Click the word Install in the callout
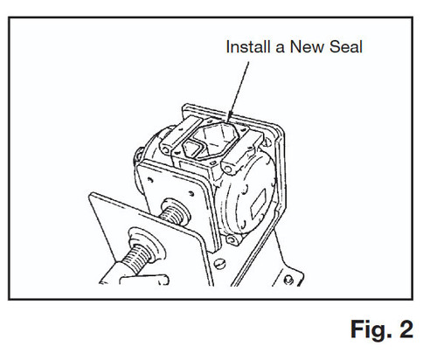click(248, 47)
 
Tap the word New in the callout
click(307, 47)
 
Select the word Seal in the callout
click(346, 47)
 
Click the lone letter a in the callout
click(280, 49)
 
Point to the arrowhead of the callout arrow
click(230, 117)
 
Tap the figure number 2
click(406, 329)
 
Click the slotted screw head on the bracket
click(219, 264)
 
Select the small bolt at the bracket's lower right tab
click(288, 280)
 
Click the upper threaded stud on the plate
click(174, 212)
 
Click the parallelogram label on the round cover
click(258, 204)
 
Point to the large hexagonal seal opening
click(216, 138)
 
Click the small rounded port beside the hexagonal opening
click(191, 148)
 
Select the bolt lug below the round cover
click(232, 240)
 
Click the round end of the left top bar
click(167, 149)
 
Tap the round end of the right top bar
click(228, 168)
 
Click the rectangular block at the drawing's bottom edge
click(144, 280)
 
